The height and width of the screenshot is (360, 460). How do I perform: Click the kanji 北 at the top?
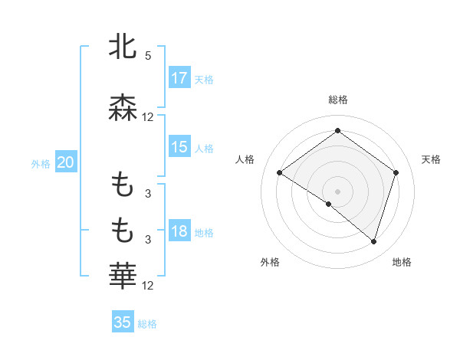coord(123,47)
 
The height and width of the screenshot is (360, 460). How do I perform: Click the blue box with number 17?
coord(179,78)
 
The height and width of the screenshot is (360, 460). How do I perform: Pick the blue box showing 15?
coord(179,147)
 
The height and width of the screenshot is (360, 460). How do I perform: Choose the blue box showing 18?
coord(179,232)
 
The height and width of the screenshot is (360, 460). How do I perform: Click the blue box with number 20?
coord(65,162)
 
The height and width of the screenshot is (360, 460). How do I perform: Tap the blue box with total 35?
coord(123,322)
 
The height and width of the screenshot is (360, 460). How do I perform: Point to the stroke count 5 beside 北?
coord(148,56)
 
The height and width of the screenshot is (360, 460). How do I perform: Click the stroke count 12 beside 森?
coord(148,117)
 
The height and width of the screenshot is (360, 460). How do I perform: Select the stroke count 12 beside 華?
coord(148,286)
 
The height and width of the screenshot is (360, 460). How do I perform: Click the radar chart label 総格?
coord(338,100)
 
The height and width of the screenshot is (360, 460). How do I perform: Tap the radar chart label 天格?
coord(432,159)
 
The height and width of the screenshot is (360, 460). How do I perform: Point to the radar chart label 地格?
coord(402,262)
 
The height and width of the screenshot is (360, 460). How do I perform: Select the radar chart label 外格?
coord(270,262)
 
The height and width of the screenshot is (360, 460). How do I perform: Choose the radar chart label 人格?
coord(245,159)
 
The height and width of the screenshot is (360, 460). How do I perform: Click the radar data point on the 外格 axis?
coord(329,205)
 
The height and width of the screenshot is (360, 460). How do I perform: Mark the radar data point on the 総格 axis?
coord(337,130)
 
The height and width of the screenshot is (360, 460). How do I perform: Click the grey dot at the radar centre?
coord(337,191)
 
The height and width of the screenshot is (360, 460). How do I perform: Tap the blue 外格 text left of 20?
coord(41,163)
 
